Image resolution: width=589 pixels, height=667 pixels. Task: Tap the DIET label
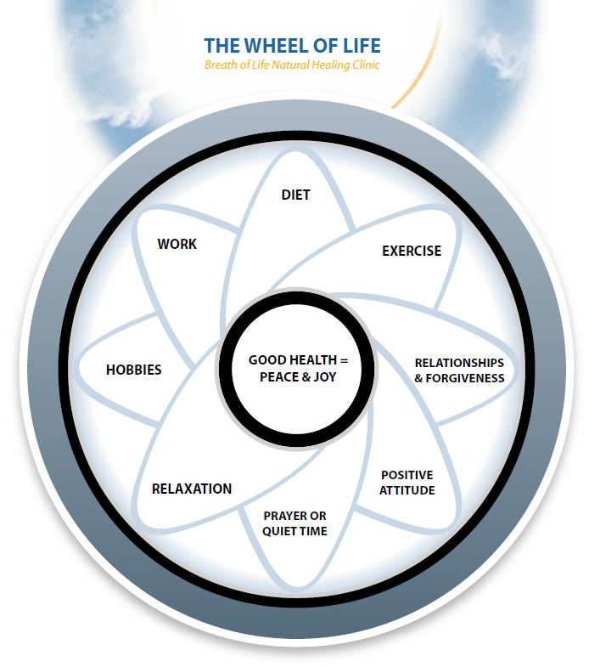tap(295, 195)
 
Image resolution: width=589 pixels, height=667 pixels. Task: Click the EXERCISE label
tap(412, 251)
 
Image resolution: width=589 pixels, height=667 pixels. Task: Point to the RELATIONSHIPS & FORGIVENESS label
tap(459, 370)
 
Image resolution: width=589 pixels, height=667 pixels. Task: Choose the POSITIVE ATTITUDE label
tap(407, 483)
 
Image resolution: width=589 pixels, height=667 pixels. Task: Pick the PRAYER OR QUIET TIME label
tap(294, 523)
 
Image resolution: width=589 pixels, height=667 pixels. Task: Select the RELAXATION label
tap(191, 489)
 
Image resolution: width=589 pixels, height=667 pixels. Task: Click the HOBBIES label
tap(133, 370)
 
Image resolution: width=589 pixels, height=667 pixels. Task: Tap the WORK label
tap(177, 244)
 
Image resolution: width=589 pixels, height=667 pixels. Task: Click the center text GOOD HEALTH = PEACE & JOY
tap(298, 368)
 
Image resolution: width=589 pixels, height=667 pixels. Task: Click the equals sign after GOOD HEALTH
tap(343, 360)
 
